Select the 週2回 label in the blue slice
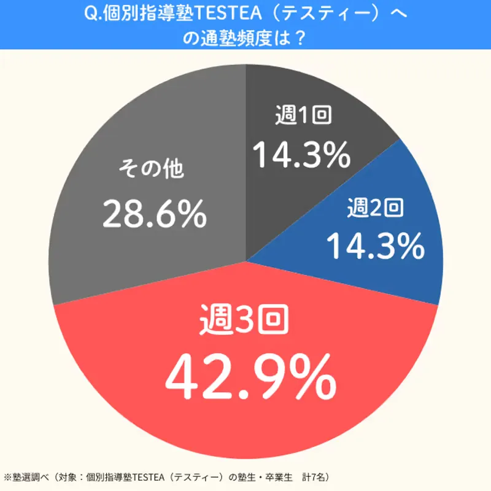pos(376,209)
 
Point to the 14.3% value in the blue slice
pos(375,246)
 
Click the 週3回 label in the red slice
pos(245,320)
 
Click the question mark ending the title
pos(300,38)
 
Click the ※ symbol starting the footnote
pos(7,476)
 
